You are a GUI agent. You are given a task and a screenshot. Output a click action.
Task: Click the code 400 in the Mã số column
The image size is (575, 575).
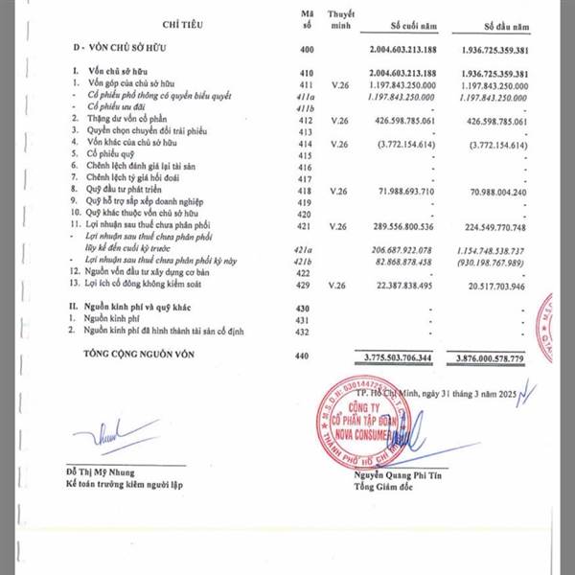[307, 47]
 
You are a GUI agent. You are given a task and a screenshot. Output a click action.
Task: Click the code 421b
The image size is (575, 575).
[307, 262]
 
